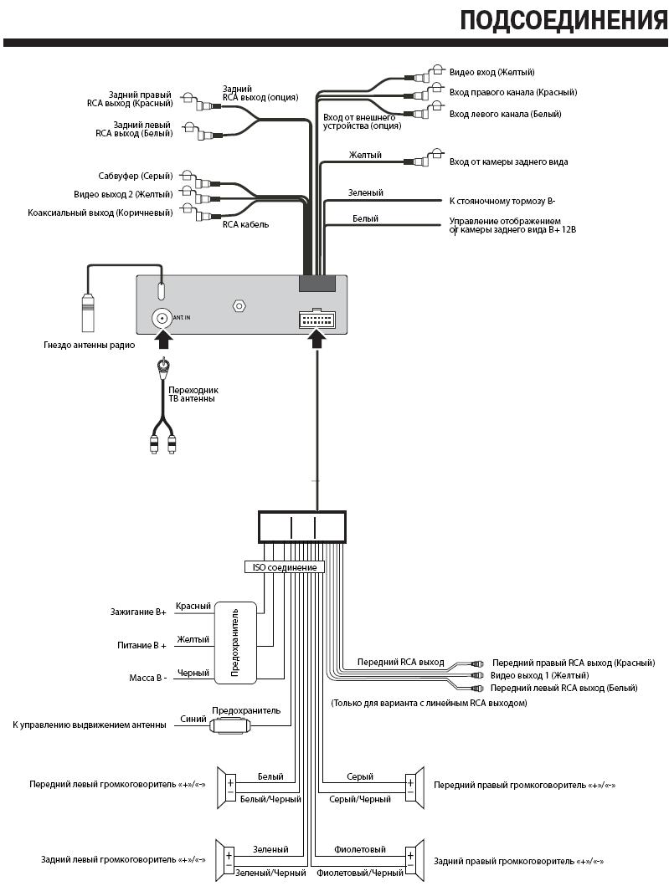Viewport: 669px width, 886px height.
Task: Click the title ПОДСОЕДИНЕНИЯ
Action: (564, 20)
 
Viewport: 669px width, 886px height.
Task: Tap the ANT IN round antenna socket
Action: (162, 318)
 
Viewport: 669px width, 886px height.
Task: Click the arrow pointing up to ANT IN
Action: (162, 341)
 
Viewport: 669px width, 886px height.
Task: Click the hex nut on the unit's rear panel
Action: (239, 306)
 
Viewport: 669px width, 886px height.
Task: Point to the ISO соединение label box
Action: (285, 567)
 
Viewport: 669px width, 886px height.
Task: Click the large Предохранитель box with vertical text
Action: (236, 643)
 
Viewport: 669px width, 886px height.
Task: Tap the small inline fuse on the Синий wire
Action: (229, 725)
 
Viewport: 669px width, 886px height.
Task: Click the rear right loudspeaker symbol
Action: (414, 861)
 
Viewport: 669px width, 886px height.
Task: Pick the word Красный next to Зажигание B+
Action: (193, 607)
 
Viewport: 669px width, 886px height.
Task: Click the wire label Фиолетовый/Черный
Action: (360, 873)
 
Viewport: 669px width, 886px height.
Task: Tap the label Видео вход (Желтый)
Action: (492, 72)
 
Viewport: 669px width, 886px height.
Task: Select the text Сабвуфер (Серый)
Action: (136, 177)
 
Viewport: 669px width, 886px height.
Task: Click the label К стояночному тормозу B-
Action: (502, 201)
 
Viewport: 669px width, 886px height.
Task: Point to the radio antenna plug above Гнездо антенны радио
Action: (88, 312)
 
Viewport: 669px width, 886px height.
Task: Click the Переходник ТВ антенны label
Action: (193, 394)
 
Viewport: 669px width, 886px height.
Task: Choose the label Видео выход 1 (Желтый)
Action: (539, 676)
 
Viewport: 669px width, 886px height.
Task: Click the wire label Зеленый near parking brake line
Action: (365, 192)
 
